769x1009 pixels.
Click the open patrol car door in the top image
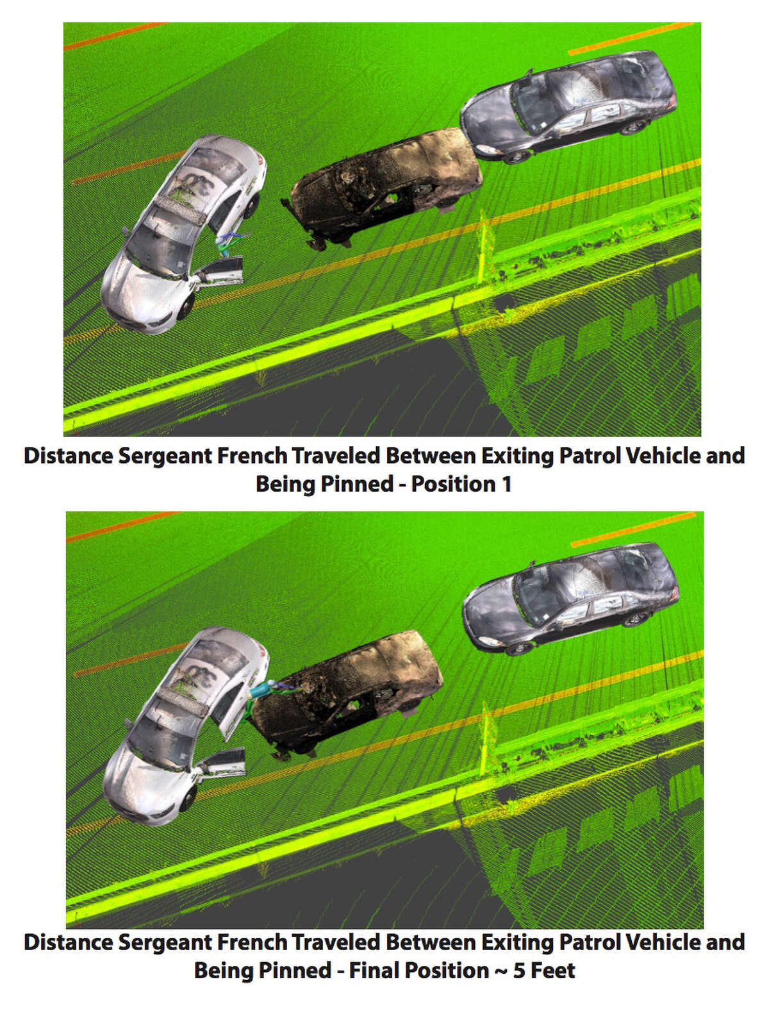pyautogui.click(x=222, y=271)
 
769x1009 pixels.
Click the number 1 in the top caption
pyautogui.click(x=506, y=484)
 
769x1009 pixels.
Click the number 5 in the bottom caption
pyautogui.click(x=519, y=971)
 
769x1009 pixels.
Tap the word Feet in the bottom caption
pyautogui.click(x=553, y=971)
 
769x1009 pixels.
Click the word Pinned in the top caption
pyautogui.click(x=356, y=484)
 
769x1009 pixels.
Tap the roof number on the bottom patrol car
pyautogui.click(x=203, y=673)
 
